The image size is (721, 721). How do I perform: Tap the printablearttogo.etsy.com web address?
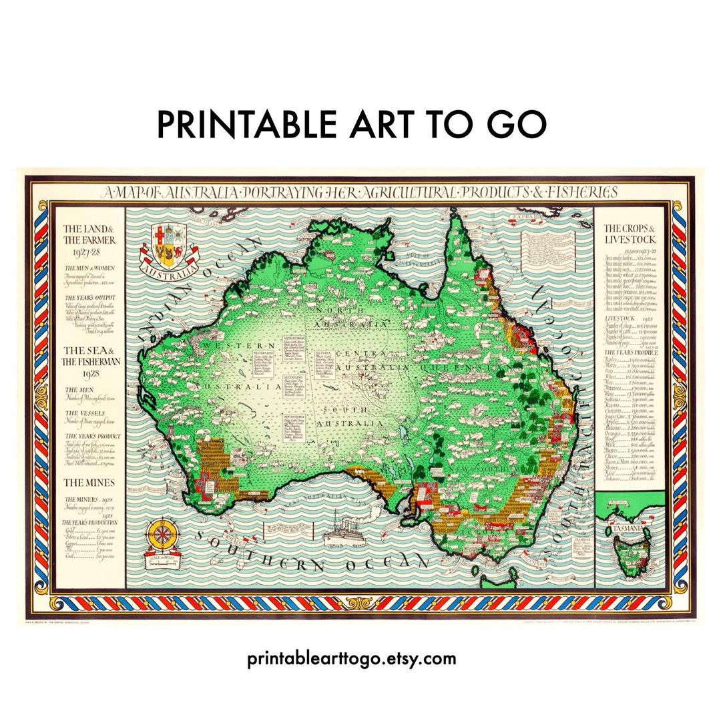[352, 658]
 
